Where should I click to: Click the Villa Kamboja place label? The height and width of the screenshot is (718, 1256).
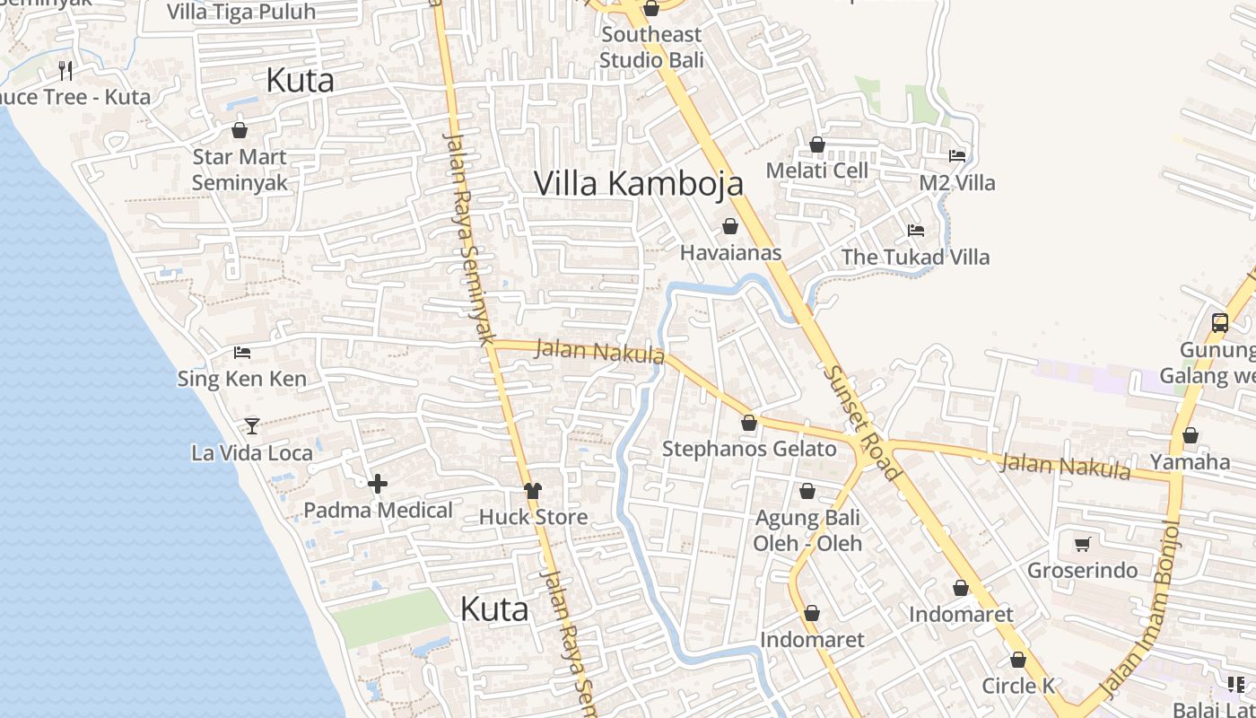click(x=639, y=183)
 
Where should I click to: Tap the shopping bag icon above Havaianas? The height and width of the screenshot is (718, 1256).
click(x=730, y=226)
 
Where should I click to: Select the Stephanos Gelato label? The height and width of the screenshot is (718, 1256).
click(x=748, y=449)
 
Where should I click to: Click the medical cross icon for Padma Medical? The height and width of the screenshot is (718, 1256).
click(x=378, y=485)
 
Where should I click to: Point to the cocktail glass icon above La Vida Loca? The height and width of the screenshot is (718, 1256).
click(x=252, y=426)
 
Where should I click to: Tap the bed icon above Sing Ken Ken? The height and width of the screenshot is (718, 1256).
click(x=241, y=353)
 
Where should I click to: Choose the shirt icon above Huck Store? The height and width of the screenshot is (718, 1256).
click(x=533, y=490)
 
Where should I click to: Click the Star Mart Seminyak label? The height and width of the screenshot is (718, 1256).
click(x=240, y=170)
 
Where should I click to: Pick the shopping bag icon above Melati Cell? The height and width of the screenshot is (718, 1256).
click(x=816, y=144)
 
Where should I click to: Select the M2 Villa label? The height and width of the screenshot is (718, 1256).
click(x=957, y=183)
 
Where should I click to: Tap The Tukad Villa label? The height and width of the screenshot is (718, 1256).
click(x=915, y=258)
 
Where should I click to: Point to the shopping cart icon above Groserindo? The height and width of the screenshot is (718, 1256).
click(x=1082, y=544)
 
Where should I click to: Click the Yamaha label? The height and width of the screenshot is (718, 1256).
click(x=1190, y=462)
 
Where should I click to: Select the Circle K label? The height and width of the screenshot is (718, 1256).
click(x=1018, y=687)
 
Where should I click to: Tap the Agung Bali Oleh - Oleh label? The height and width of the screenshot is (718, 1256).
click(x=807, y=530)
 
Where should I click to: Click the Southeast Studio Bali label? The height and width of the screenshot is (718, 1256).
click(x=651, y=48)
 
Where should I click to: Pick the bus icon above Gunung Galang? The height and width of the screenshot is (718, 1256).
click(x=1219, y=323)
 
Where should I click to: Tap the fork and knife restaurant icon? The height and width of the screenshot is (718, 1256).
click(x=65, y=70)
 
